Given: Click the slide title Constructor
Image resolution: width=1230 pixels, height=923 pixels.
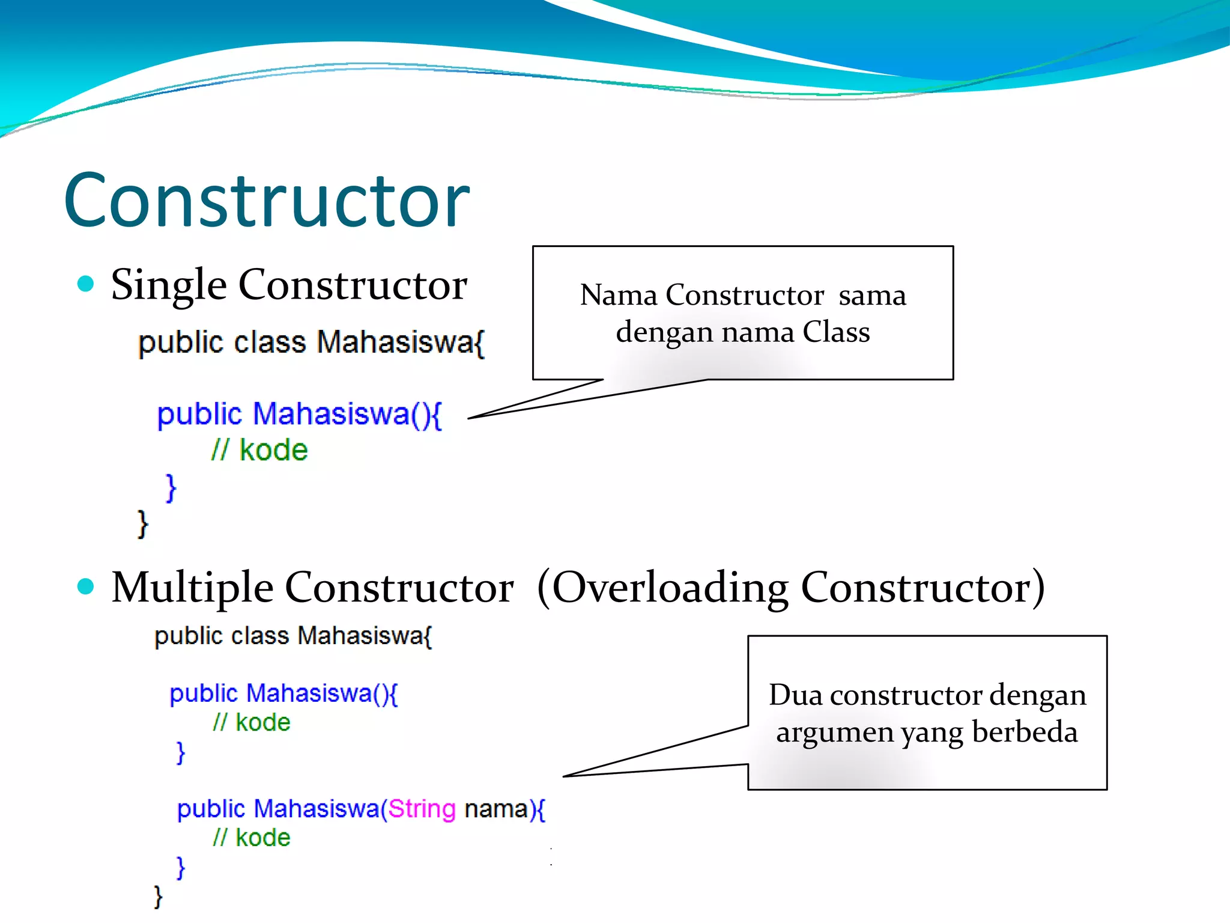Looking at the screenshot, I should [267, 201].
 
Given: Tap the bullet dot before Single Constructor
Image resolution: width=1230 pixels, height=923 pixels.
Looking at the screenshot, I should [86, 284].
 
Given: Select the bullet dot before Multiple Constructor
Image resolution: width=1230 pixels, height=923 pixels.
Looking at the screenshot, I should [86, 586].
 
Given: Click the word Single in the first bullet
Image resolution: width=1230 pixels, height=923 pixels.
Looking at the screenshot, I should [169, 285].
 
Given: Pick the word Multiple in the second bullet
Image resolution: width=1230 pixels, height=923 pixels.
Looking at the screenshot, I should [192, 588].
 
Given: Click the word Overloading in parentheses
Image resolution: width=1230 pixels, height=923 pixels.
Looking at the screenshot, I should [670, 588].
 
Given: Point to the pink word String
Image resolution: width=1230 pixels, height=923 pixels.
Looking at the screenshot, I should [422, 809].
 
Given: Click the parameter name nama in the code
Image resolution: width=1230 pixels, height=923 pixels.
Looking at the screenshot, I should [495, 809].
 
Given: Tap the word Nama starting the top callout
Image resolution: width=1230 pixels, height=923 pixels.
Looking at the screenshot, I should [619, 295].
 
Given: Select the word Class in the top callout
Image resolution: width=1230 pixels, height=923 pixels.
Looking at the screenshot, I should [836, 332].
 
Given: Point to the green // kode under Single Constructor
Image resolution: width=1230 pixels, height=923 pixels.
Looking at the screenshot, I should [259, 450].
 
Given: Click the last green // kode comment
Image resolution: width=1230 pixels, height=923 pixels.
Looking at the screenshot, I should [252, 838].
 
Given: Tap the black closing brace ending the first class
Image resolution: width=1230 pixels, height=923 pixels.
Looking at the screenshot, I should [142, 524].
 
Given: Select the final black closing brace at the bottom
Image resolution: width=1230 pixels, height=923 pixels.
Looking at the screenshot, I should [158, 897].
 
